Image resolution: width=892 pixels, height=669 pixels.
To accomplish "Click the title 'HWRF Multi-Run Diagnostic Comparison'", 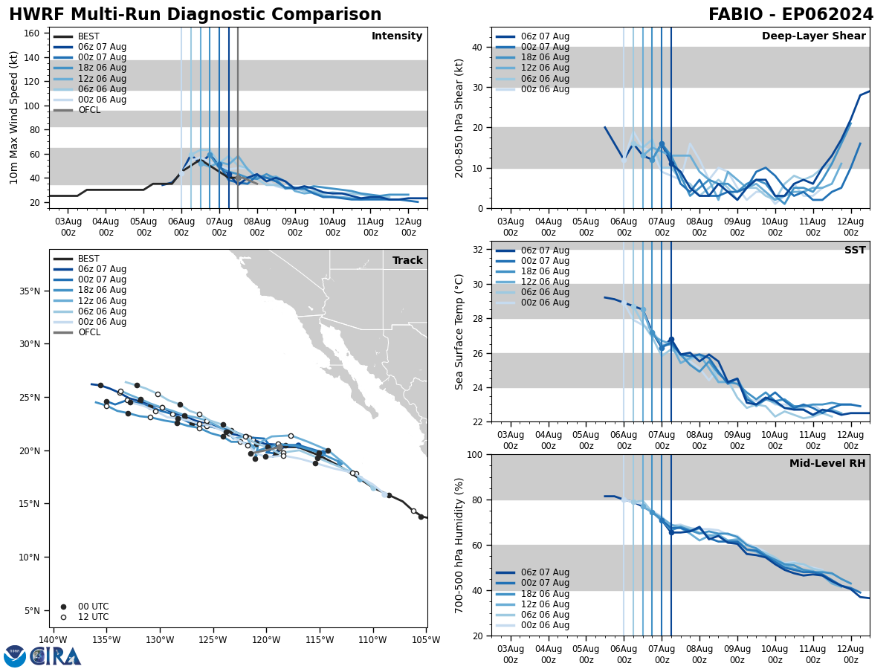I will point(195,15).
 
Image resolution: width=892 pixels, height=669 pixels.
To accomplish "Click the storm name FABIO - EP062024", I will point(791,15).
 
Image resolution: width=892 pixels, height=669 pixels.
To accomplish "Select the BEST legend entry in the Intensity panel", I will point(88,36).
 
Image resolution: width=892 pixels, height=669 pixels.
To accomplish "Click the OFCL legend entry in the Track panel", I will point(89,332).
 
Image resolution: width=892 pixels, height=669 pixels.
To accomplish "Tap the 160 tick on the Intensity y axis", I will point(33,33).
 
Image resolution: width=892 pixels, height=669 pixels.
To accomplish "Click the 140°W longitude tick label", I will point(53,640).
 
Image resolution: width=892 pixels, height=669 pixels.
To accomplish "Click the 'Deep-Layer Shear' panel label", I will point(813,36).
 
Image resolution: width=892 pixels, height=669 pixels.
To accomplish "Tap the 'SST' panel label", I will point(855,251).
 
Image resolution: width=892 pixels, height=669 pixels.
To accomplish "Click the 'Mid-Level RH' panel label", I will point(827,464).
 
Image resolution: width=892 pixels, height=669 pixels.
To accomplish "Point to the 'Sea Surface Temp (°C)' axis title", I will point(459,332).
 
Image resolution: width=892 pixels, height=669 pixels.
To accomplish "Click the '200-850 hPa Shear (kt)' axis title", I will point(459,118).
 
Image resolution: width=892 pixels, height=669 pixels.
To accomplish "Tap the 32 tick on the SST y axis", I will point(477,250).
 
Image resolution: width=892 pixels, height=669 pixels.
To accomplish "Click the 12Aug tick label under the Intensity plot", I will point(408,227).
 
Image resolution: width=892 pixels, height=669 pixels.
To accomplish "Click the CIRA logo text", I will point(56,656).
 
